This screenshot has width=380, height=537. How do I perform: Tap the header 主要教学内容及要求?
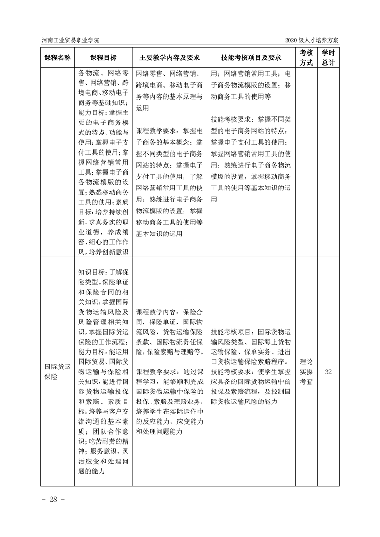169,57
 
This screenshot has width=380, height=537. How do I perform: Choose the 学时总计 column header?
328,57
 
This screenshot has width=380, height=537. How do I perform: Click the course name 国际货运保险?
57,371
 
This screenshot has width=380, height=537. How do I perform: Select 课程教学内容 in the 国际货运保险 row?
152,311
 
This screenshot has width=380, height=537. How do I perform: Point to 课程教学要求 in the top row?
152,130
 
